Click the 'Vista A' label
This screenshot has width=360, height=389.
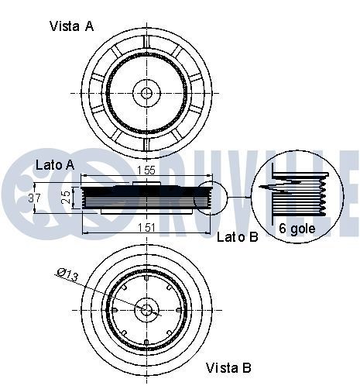(x=71, y=26)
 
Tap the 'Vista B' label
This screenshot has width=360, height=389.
(x=228, y=367)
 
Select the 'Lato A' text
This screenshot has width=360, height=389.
(x=55, y=165)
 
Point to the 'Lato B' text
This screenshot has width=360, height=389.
(x=238, y=236)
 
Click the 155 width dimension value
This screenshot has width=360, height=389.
(x=146, y=170)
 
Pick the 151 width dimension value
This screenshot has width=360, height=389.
(x=146, y=228)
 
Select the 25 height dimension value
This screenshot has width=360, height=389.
(x=67, y=198)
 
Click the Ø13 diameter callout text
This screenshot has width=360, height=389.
(x=67, y=274)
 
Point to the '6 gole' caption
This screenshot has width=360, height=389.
(x=297, y=229)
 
